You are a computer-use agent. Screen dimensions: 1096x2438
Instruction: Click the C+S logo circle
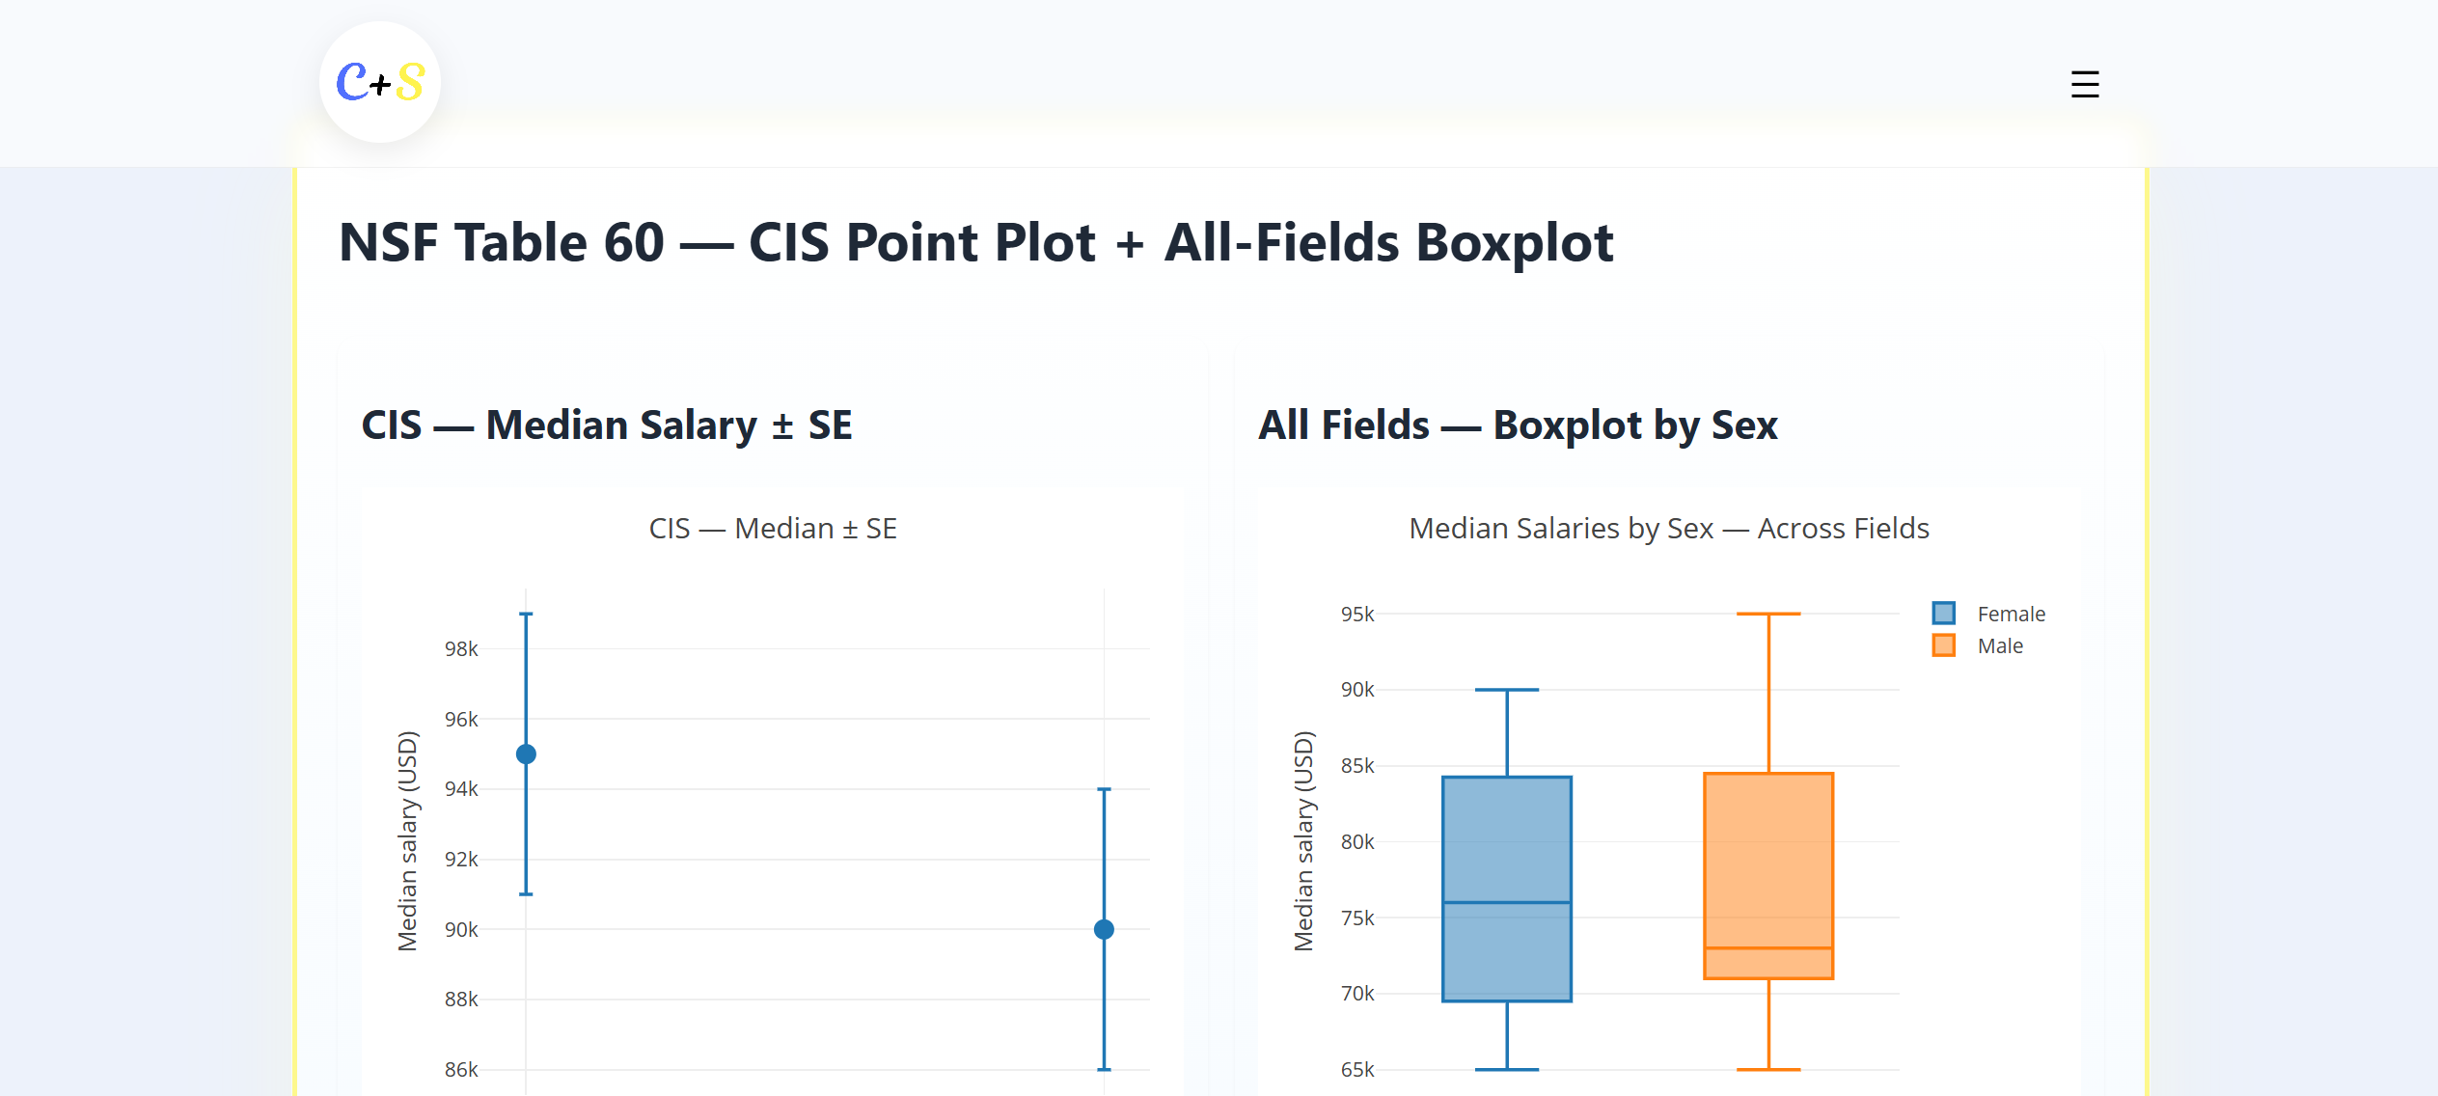(379, 82)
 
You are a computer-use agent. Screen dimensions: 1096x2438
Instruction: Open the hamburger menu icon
(2084, 84)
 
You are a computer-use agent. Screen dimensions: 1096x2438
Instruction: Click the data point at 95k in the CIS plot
(526, 753)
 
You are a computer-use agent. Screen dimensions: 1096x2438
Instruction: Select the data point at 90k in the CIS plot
(1104, 929)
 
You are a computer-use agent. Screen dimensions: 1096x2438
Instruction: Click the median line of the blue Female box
(1506, 902)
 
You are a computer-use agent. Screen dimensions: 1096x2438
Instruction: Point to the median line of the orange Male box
(1767, 948)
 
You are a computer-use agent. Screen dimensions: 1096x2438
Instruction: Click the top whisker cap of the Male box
(1767, 614)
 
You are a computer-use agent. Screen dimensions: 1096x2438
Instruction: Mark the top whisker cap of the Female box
(1506, 690)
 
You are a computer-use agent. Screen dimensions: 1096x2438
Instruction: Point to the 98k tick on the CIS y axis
(461, 649)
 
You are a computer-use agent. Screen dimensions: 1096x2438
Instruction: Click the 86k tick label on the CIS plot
(461, 1069)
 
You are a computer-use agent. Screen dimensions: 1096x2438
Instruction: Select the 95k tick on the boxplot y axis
(1356, 614)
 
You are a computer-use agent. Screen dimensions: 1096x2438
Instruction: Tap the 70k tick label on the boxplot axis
(1356, 993)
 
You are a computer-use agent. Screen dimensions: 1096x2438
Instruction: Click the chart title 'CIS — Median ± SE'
(773, 528)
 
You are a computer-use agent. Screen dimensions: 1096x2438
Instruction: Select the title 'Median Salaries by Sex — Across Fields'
(1668, 528)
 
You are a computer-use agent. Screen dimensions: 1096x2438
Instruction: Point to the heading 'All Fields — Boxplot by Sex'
(1518, 425)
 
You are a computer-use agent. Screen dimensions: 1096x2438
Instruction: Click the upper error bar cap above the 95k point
(526, 614)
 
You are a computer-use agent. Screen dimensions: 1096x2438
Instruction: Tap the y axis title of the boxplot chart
(1303, 840)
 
